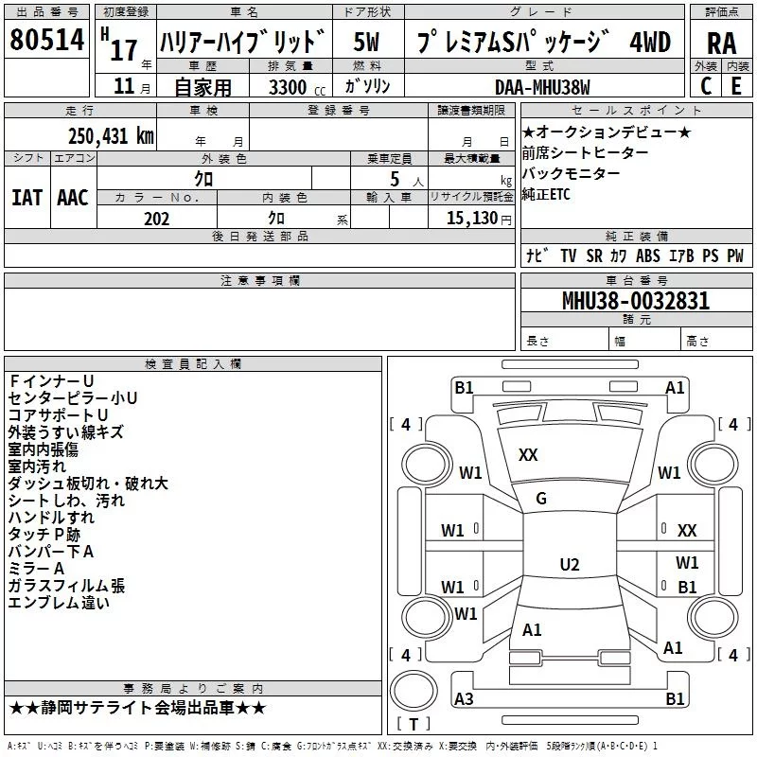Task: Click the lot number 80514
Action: pos(47,40)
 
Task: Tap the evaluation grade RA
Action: pos(721,43)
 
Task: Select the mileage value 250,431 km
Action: pos(111,135)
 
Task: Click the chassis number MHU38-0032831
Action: pos(635,301)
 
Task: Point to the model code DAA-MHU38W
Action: pos(542,86)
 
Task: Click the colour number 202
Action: pos(157,219)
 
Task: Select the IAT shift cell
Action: pos(26,197)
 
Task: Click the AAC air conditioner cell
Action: pos(73,197)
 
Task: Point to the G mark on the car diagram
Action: pos(541,499)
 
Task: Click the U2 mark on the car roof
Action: pos(569,565)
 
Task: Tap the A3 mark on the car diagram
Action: pos(465,699)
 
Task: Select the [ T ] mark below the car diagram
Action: pos(413,725)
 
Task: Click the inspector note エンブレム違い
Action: pos(59,603)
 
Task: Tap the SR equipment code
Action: pos(593,255)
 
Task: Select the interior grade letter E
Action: pos(736,85)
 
